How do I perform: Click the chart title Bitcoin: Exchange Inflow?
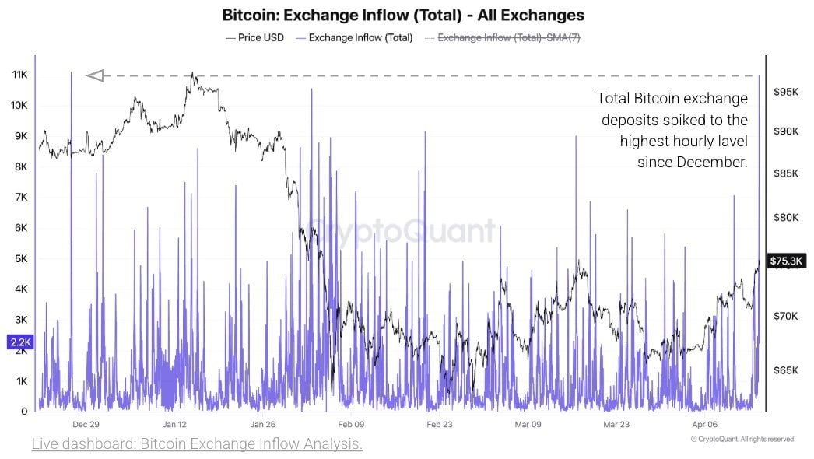coord(403,15)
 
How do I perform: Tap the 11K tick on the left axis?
coord(19,75)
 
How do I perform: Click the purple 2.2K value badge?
coord(19,342)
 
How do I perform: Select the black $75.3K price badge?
coord(786,261)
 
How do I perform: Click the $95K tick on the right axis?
coord(786,92)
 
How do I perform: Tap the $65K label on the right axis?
coord(786,370)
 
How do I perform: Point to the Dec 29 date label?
coord(86,425)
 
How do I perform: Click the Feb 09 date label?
coord(351,425)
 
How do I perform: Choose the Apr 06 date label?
coord(705,425)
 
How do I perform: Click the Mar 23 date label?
coord(616,425)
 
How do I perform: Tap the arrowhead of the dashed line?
coord(95,75)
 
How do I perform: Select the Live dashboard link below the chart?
coord(197,444)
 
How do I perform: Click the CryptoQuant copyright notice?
coord(742,440)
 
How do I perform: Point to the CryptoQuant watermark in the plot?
coord(400,231)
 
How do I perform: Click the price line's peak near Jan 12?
coord(192,73)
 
